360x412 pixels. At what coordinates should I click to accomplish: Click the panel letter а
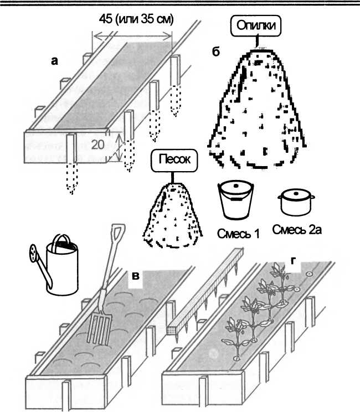click(54, 62)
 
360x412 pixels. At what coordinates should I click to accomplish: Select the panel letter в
click(135, 275)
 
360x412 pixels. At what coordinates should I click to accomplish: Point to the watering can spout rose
click(34, 254)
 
